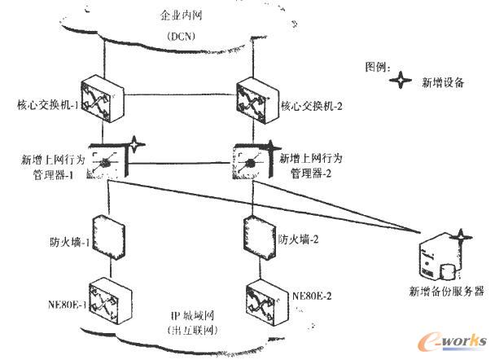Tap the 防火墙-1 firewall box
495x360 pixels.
[107, 236]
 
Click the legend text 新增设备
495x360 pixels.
[441, 81]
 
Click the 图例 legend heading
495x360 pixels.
[379, 64]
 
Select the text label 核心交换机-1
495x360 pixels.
[46, 106]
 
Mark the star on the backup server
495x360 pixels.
[463, 238]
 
